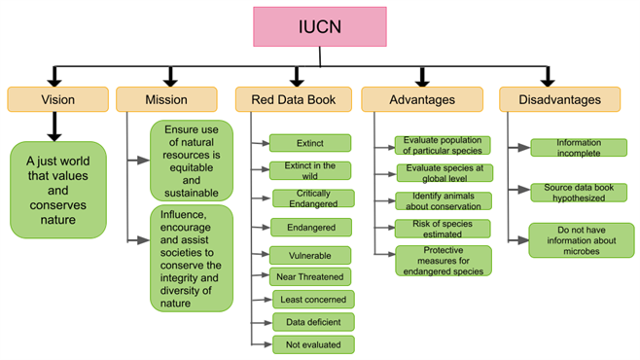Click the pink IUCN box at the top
320,26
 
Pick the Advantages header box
421,99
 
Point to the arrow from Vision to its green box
53,126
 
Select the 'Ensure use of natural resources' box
192,160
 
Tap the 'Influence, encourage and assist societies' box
192,258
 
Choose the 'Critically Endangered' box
311,198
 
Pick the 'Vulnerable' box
310,255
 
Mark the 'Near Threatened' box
310,276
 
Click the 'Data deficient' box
311,321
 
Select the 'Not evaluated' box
311,343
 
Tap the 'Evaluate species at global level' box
443,173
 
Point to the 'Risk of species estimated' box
443,229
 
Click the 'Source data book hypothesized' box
578,193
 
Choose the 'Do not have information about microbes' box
581,239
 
